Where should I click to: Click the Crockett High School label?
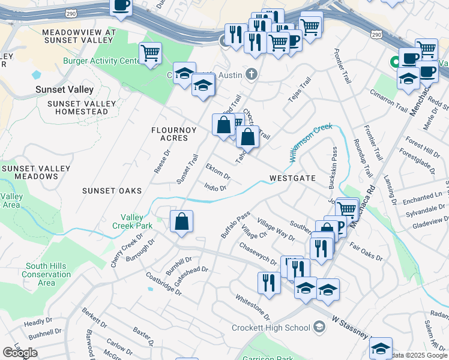tap(271, 328)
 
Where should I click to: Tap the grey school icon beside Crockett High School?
tap(319, 327)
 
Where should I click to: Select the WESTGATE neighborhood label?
tap(292, 178)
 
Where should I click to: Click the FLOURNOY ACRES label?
tap(169, 134)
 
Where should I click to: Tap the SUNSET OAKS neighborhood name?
tap(112, 191)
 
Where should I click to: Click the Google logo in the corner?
tap(20, 353)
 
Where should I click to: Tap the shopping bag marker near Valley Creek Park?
tap(181, 221)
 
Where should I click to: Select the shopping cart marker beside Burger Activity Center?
tap(150, 53)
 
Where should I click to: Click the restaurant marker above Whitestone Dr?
tap(269, 283)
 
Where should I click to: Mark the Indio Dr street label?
tap(215, 187)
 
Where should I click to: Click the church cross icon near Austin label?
tap(252, 74)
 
